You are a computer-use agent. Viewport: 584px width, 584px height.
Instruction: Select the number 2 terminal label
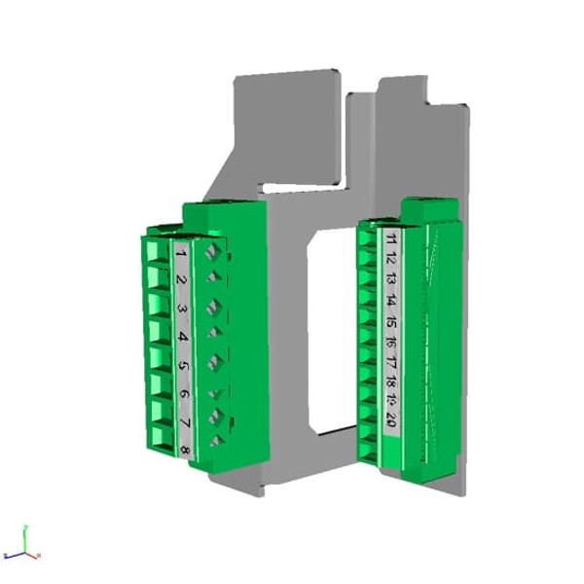(182, 280)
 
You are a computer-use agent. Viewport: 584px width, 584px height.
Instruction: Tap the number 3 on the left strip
(183, 309)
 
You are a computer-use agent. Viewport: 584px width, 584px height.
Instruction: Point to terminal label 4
(184, 337)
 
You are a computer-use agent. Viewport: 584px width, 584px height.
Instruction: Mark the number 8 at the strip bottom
(186, 450)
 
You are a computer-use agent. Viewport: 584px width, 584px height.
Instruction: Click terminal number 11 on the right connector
(390, 237)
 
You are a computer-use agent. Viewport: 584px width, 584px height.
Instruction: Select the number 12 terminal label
(390, 257)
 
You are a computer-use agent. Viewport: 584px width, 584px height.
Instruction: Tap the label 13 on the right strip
(390, 278)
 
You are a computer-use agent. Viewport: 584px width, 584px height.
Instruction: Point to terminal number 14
(390, 299)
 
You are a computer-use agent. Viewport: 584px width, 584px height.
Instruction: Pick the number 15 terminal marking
(390, 320)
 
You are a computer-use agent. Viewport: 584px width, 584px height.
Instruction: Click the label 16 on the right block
(390, 341)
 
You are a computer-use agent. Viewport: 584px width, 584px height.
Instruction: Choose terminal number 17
(390, 361)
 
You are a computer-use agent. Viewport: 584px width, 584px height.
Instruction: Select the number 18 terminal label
(390, 382)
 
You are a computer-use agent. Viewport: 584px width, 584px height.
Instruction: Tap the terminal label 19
(390, 401)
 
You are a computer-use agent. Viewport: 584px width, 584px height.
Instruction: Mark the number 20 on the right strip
(390, 420)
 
